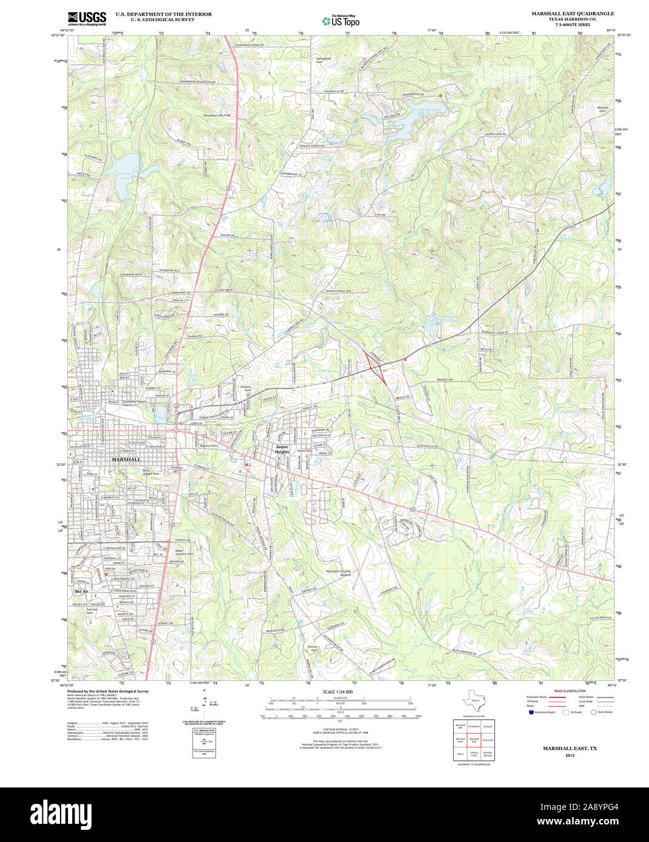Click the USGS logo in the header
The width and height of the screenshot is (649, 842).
click(87, 18)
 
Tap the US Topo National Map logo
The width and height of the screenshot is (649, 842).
click(341, 21)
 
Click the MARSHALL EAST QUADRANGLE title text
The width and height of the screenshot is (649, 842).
click(564, 13)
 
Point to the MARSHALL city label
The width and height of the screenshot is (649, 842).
click(126, 460)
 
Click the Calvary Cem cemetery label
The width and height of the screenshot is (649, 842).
click(313, 648)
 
